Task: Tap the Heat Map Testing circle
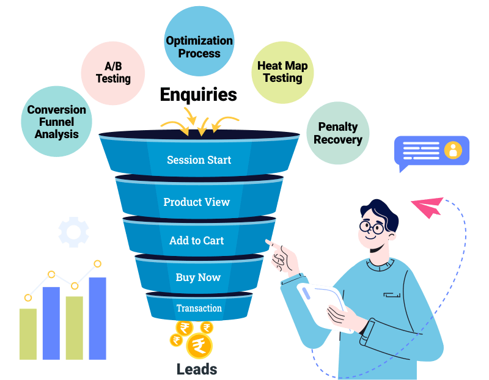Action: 282,71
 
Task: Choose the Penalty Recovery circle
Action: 337,133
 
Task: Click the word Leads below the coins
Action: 197,369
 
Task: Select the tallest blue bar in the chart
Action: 97,318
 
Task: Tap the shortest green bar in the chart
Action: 28,333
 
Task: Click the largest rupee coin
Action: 198,346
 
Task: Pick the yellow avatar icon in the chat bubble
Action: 453,150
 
